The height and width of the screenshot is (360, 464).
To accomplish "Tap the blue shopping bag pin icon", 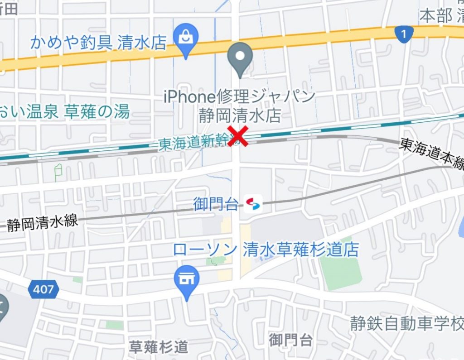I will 186,38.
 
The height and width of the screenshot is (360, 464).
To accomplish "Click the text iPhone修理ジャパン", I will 239,96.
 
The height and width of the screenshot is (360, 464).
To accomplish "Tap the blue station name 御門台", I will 216,204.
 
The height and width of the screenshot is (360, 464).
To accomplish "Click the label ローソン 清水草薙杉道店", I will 266,250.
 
